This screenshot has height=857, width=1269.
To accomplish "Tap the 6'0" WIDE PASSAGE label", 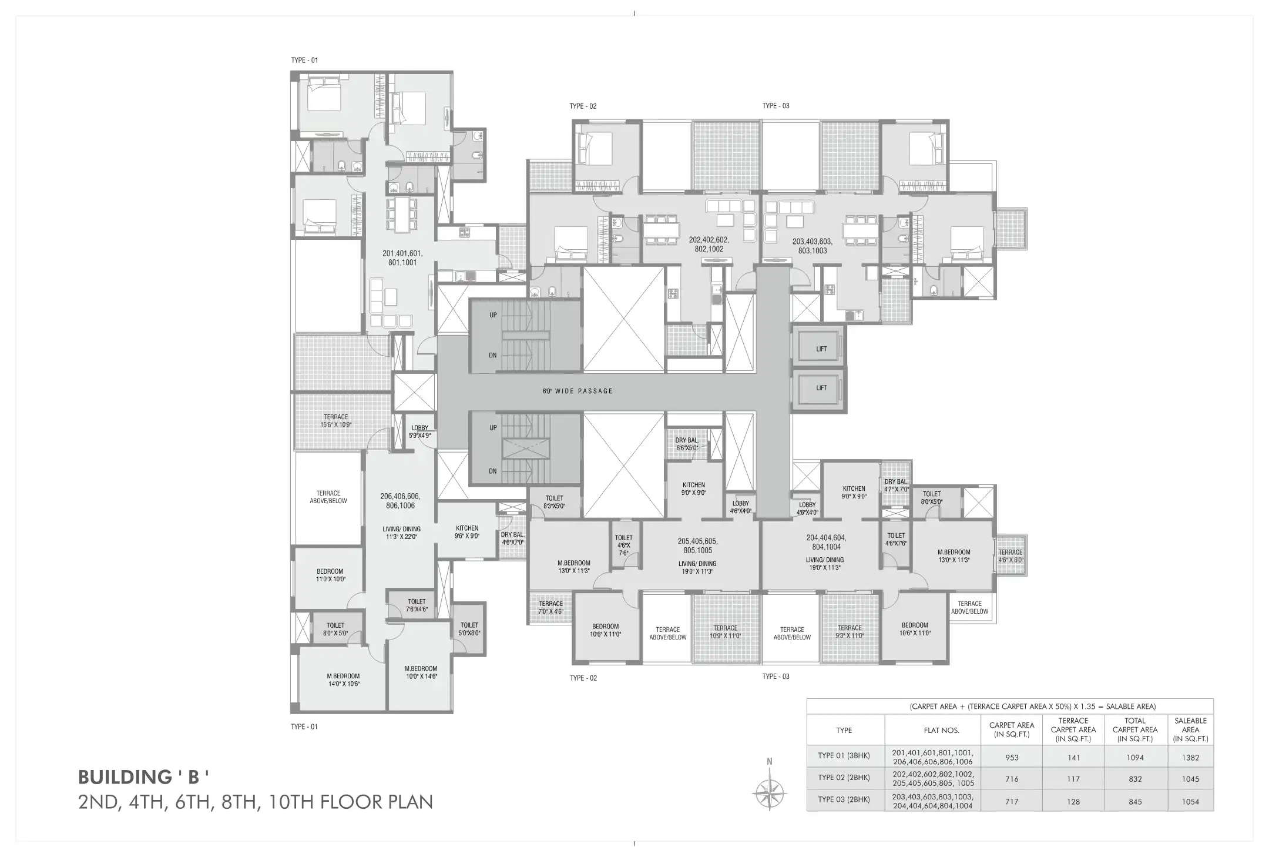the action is (x=577, y=391).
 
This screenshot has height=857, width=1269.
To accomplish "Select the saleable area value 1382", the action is (x=1190, y=758).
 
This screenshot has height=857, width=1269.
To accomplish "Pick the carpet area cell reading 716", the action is (x=1012, y=779).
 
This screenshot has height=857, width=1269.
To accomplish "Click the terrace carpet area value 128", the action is (x=1073, y=801).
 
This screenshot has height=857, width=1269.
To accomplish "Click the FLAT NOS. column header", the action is (x=941, y=731).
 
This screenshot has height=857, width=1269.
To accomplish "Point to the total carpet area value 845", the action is (x=1135, y=801).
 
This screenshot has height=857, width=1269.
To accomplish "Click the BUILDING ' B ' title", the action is (x=143, y=777).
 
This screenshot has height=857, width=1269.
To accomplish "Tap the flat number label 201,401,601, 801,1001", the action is (x=402, y=258).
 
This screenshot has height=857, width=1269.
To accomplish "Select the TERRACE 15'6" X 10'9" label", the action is (x=335, y=420).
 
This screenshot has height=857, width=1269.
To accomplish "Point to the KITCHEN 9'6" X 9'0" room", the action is (x=467, y=531).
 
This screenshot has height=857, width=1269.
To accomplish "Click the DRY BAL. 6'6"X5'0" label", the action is (x=686, y=444).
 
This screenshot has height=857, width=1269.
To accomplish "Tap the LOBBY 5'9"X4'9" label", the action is (x=419, y=431).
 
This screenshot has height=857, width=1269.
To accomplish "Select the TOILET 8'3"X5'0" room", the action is (x=554, y=502).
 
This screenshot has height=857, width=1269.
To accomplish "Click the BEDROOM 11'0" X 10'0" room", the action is (x=330, y=575).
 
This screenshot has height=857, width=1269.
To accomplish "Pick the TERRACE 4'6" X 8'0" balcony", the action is (x=1010, y=555).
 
